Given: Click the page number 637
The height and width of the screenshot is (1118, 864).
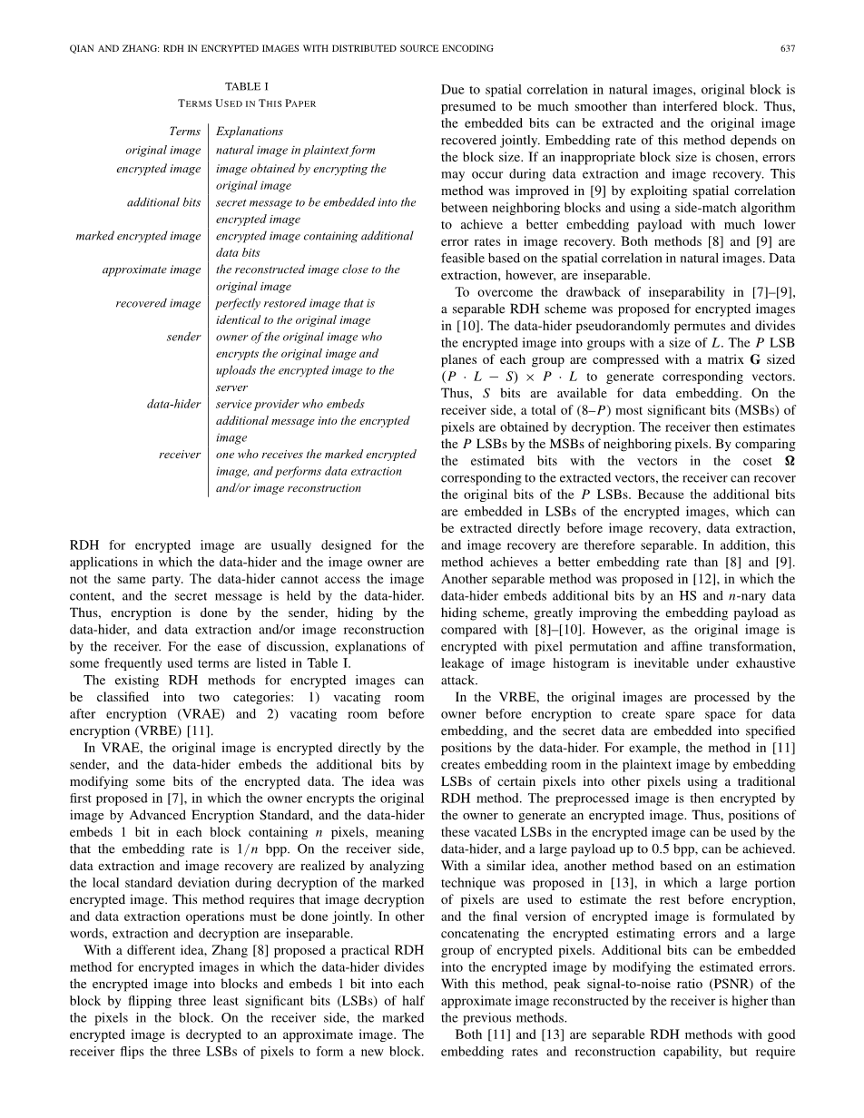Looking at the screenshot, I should (788, 48).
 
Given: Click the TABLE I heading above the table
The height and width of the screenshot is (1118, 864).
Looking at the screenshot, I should (247, 86).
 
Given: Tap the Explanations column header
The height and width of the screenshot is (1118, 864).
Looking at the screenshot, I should (250, 132).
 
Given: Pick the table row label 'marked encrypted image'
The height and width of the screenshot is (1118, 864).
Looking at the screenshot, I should (138, 236).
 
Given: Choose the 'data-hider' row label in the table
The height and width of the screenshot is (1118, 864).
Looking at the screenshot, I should (174, 404).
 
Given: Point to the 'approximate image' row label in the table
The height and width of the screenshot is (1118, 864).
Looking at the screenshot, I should (152, 270).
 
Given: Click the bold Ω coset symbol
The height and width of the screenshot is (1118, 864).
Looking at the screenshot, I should (790, 461).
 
